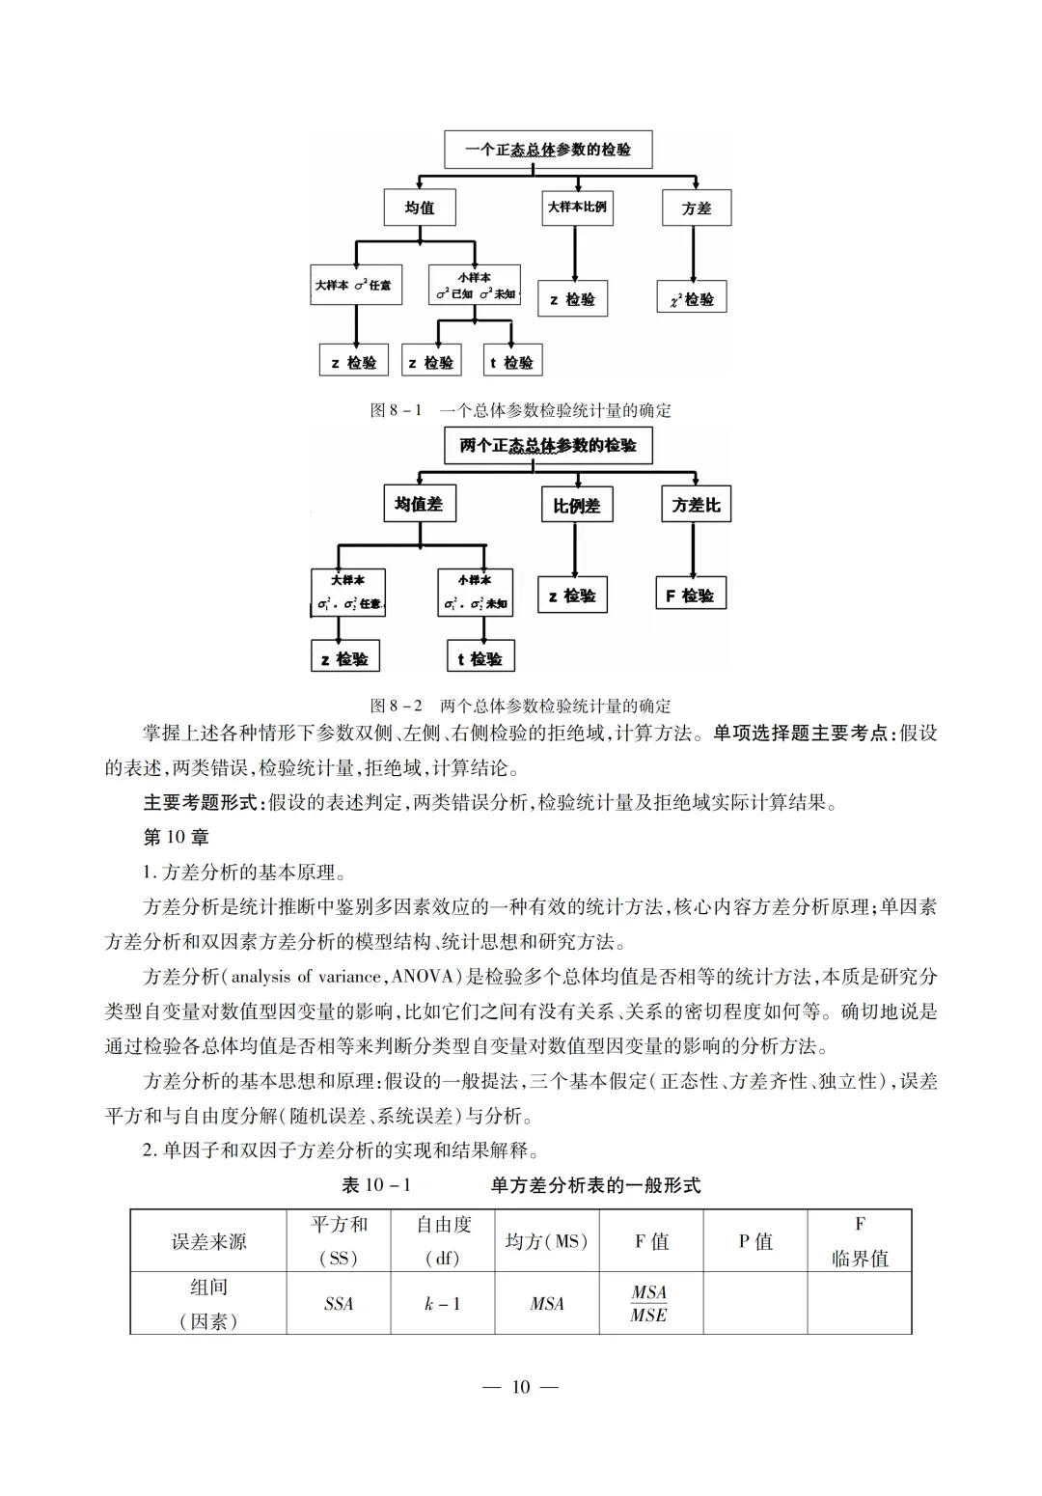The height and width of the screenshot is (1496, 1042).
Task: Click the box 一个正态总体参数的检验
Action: [548, 150]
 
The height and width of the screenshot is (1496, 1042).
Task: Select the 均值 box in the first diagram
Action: [419, 208]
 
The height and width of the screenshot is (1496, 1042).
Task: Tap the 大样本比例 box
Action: [577, 208]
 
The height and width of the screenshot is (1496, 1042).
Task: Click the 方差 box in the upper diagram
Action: [696, 208]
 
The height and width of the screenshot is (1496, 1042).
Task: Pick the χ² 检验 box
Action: [691, 299]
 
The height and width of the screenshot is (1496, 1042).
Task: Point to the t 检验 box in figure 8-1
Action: [511, 362]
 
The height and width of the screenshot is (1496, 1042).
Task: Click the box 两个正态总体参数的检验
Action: [548, 446]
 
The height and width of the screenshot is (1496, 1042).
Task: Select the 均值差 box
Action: [419, 504]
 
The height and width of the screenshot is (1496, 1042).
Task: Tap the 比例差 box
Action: [576, 505]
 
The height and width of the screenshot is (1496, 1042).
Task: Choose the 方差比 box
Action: [696, 505]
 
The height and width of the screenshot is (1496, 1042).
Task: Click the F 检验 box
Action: [690, 596]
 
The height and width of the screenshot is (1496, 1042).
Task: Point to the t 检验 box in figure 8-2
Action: [480, 658]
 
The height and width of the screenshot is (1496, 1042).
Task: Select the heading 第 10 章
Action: [176, 837]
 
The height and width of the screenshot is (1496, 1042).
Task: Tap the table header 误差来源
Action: [208, 1241]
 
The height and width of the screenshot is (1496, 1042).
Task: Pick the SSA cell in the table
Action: [339, 1304]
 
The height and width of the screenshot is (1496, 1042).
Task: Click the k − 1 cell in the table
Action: [443, 1304]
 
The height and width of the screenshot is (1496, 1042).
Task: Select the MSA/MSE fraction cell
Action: [649, 1304]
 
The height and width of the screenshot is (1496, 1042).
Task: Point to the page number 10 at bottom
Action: [521, 1387]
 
